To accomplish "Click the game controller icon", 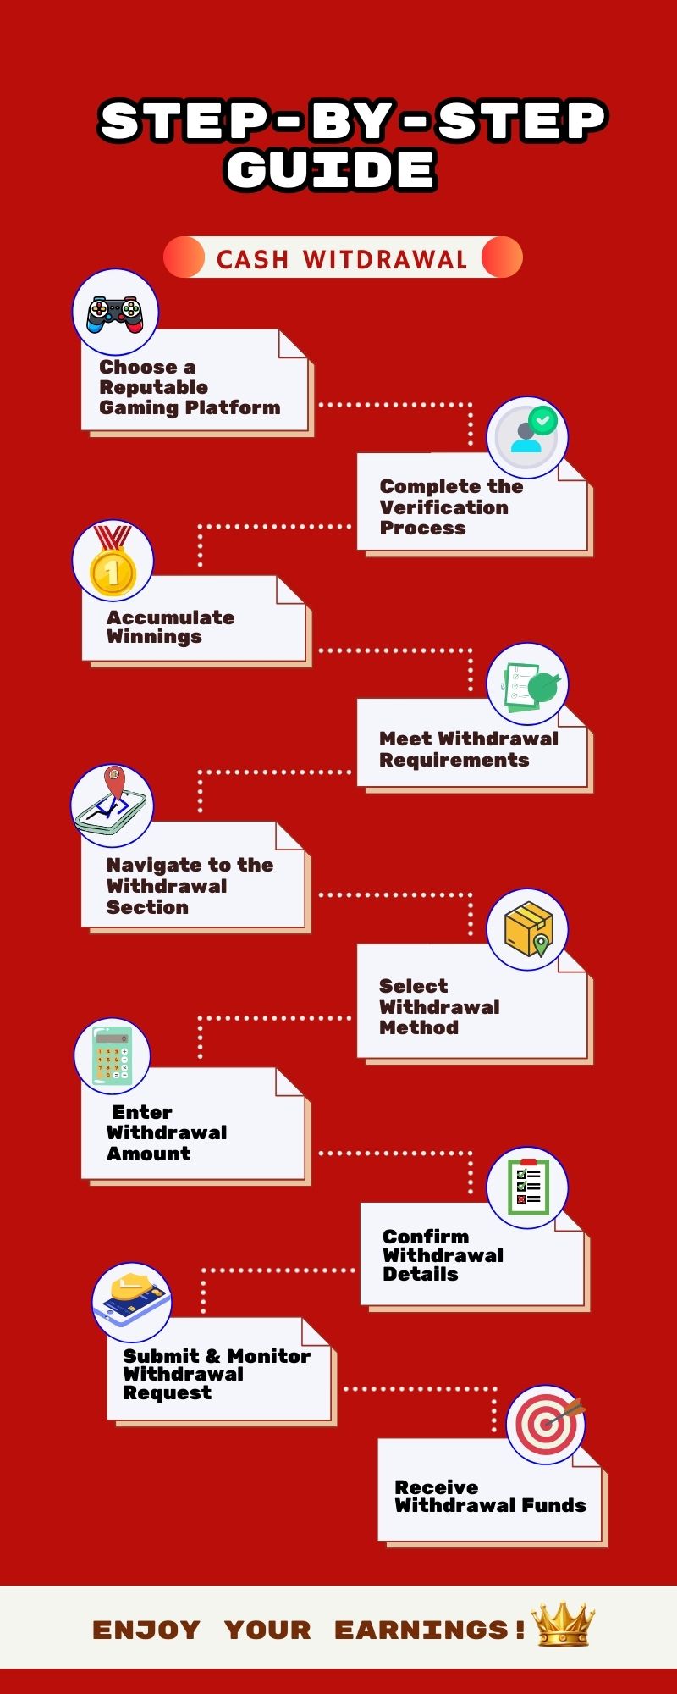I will [115, 313].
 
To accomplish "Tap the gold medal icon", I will [113, 561].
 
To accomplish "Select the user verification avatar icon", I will [527, 436].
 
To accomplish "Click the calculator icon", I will [113, 1055].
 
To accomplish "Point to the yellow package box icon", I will [527, 929].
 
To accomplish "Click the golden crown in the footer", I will [563, 1625].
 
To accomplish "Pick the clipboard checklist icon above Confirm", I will [527, 1187].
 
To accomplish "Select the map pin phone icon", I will [112, 805].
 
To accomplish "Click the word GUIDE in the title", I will [331, 169].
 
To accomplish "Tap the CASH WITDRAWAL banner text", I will [342, 259].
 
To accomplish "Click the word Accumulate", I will [170, 617].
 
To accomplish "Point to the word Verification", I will [443, 507].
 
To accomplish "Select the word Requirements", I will [454, 760].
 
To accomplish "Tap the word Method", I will [418, 1027].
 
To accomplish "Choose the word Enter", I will [142, 1112].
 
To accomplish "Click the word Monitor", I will [268, 1356].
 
